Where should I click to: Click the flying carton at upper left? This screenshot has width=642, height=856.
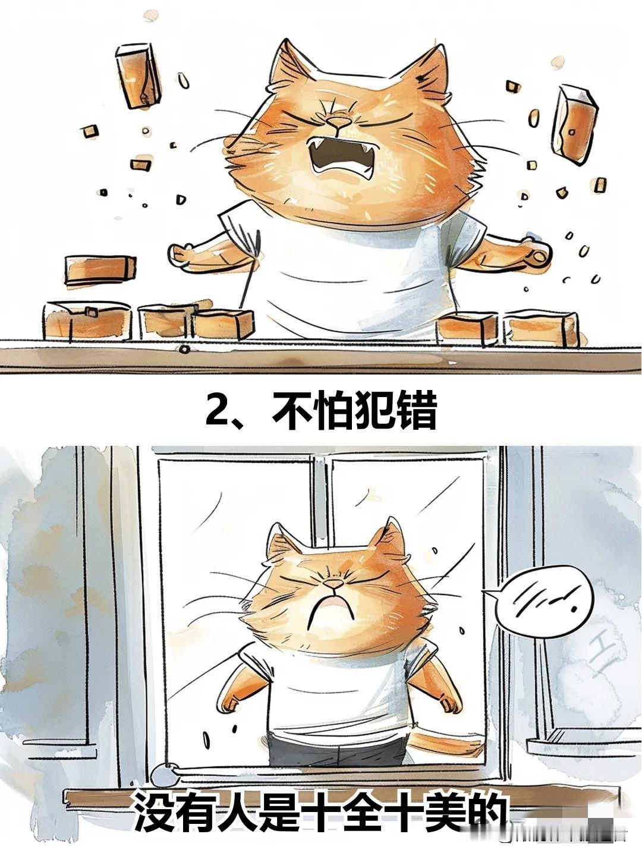point(138,75)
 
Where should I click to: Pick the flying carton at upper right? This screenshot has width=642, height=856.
point(574,124)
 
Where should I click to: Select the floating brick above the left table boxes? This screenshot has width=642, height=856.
point(100,269)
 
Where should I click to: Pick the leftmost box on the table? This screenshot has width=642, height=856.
point(88,320)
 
